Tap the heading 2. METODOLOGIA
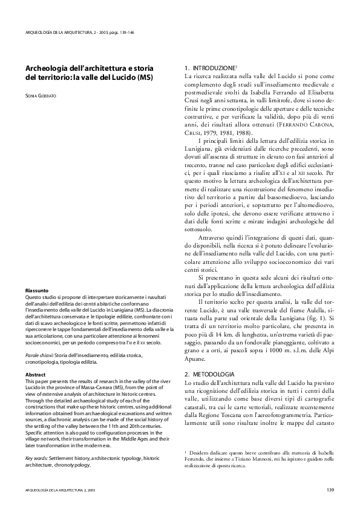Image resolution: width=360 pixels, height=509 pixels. pos(210,375)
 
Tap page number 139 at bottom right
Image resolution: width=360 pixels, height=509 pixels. pos(330,489)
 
